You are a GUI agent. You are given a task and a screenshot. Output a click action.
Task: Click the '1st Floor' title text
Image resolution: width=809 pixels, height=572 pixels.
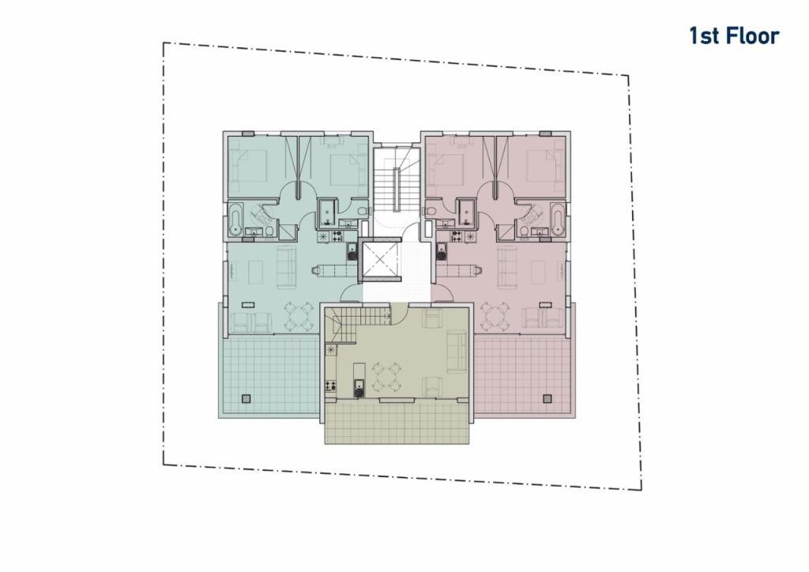pos(734,36)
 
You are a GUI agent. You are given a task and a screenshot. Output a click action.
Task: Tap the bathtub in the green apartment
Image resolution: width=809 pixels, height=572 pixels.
pos(235,220)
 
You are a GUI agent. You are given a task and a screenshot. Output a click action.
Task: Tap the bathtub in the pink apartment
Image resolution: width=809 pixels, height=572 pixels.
pos(557,220)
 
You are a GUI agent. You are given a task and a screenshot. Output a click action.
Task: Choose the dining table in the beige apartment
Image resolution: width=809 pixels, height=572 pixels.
pos(387,377)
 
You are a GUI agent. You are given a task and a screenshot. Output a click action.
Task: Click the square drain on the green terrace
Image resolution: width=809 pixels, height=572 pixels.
pos(246,398)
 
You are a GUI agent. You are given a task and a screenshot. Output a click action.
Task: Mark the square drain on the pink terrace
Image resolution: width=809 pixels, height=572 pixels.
pos(547,398)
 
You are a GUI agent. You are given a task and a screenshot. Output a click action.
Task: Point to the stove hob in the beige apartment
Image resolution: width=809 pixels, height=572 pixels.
pos(330,385)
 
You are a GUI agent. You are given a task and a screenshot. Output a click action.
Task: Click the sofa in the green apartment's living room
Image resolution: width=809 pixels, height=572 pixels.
pos(287,267)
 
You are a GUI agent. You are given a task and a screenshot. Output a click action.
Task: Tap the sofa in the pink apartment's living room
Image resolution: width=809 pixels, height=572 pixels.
pos(506,267)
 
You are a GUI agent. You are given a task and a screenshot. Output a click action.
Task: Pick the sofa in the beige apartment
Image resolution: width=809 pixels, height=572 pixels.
pos(456,352)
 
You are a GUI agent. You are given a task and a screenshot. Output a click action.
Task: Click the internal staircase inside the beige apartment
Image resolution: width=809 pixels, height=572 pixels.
pos(356,324)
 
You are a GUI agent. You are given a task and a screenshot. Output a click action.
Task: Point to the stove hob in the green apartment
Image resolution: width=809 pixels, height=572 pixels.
pos(337,237)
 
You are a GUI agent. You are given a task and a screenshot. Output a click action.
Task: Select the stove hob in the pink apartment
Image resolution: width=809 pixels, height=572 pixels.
pos(457,237)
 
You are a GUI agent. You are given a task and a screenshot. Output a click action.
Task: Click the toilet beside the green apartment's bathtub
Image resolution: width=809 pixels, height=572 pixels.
pos(269,232)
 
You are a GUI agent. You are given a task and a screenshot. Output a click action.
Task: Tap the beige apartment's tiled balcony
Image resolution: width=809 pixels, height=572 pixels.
pos(397,422)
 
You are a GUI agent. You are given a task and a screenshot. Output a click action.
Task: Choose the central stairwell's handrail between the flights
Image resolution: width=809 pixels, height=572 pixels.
pos(397,190)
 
